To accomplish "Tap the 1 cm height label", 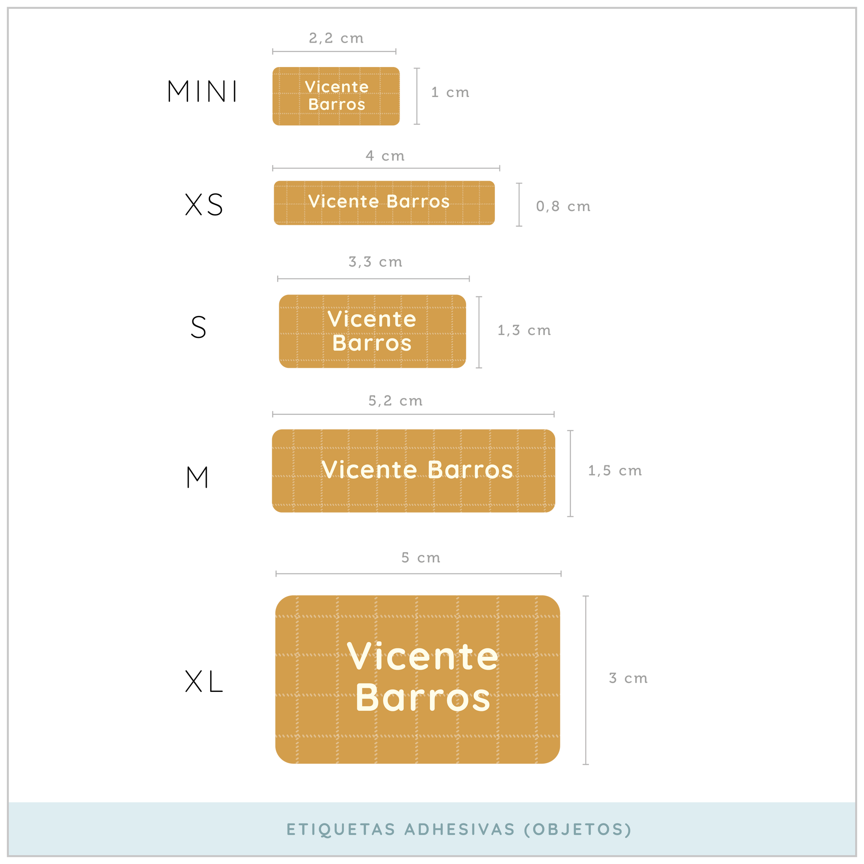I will pos(450,92).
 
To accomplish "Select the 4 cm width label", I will pos(385,156).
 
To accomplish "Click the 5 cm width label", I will pos(421,558).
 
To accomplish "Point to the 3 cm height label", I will pos(628,678).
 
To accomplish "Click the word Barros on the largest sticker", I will pos(423,698).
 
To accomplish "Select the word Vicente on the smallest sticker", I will pos(337,87).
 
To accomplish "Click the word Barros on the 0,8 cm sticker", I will pos(418,202).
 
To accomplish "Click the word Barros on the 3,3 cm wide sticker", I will pos(372,343).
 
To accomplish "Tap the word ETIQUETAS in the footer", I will pos(341,829).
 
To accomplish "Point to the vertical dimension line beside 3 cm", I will pos(586,680).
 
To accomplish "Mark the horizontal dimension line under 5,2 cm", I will pos(413,415).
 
